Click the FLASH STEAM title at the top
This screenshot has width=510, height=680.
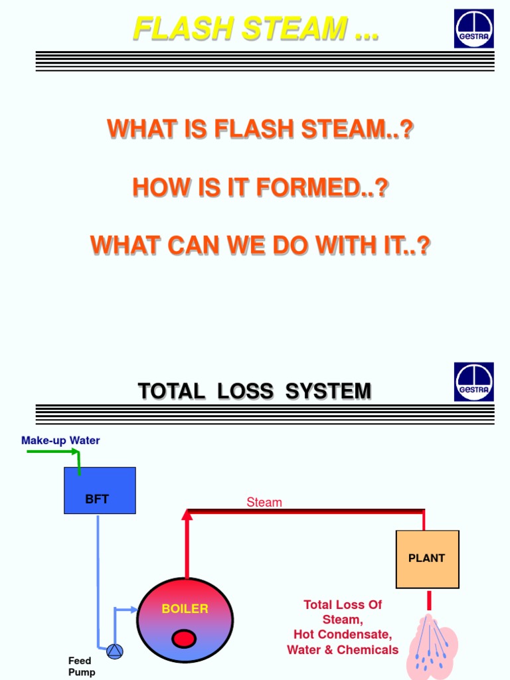(x=256, y=29)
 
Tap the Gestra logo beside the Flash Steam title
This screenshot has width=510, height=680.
(x=473, y=29)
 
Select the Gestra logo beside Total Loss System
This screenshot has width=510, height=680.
(x=473, y=382)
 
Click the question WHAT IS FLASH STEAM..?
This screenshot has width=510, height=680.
(x=260, y=129)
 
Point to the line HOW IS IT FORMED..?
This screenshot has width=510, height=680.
(x=260, y=188)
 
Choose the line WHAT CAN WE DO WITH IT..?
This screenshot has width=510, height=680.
(x=260, y=246)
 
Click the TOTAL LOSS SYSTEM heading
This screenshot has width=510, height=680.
(x=254, y=391)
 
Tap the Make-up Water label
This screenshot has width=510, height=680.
(x=60, y=440)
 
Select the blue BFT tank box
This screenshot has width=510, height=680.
(x=100, y=491)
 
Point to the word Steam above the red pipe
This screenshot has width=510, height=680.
(x=264, y=503)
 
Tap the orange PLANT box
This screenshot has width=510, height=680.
(x=427, y=559)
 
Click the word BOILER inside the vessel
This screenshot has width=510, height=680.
(x=185, y=608)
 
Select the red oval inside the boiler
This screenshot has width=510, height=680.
(x=184, y=639)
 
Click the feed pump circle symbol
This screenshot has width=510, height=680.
(x=115, y=651)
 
